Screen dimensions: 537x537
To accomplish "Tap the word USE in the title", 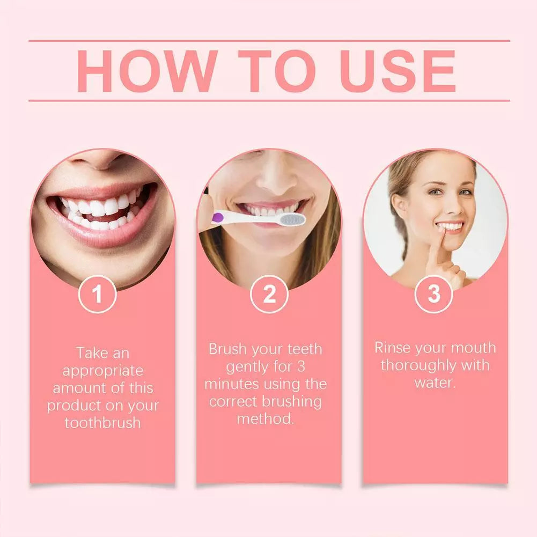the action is point(398,71).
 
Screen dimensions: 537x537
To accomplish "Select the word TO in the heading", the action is point(277,71).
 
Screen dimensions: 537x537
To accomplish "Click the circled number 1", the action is point(97,294).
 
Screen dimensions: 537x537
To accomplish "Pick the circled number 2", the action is point(269,294).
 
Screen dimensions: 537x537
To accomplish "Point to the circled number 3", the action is point(433,294).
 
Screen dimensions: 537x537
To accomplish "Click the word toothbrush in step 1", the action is point(103,423).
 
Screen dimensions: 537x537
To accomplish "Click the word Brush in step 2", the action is point(227,349).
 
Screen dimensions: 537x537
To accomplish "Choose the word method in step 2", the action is point(266,419).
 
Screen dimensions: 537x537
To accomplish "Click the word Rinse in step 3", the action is point(392,348).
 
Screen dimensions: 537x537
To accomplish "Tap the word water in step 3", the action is point(435,382).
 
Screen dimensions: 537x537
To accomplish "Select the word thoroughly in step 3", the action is point(418,366).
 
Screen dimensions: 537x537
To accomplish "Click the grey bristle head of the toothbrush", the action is point(292,219).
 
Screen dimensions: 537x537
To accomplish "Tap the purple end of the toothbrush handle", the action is point(218,217).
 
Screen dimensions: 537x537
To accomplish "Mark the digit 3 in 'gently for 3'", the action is point(301,367).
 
